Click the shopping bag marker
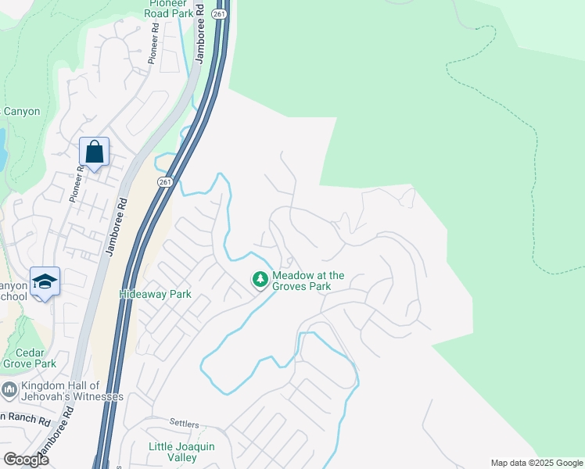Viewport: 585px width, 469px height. (94, 152)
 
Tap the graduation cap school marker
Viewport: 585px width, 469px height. (45, 282)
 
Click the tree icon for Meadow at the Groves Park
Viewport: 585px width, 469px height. (260, 278)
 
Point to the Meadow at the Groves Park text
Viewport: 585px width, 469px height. (308, 281)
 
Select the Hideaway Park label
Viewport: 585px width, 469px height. (155, 295)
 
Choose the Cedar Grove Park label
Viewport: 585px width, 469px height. (29, 357)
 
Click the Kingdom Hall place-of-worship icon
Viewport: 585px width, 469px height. (9, 388)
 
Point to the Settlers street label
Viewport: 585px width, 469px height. (185, 423)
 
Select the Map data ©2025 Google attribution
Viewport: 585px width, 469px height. (536, 463)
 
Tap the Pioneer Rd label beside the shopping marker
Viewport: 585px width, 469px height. (76, 181)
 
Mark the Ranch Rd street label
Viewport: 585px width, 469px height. (16, 415)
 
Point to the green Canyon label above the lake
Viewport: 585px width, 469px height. (22, 112)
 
